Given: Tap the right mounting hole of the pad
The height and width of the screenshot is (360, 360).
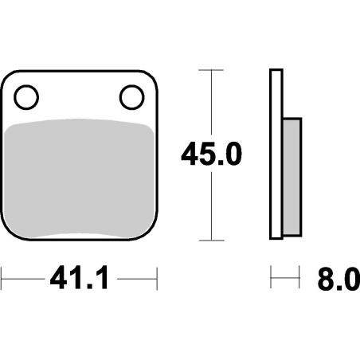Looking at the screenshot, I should coord(131,97).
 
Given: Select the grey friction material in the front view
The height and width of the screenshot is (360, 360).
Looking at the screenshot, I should coord(80,179).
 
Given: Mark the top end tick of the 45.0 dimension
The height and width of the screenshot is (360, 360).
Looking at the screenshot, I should coord(210,70).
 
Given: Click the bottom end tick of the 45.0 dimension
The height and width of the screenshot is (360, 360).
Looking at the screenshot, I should coord(210,239).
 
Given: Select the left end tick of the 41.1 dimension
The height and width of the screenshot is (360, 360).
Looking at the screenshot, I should coord(2,280).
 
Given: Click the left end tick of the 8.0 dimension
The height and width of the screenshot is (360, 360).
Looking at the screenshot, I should coord(272,280).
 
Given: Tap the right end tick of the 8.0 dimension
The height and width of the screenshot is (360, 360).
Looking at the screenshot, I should coord(301,280).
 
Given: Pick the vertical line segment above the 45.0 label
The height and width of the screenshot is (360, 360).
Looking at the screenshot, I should coord(210,104).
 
